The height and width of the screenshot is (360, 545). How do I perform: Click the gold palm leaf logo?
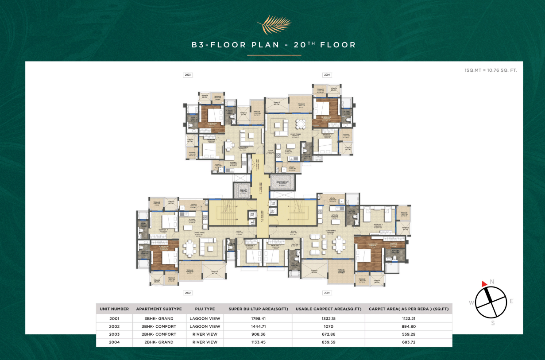(274, 24)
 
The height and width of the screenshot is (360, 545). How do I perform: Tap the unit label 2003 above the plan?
(188, 75)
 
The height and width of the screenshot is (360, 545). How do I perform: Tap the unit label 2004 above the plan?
(327, 75)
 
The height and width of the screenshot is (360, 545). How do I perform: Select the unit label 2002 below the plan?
(188, 293)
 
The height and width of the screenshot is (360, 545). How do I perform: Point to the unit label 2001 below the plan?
(327, 293)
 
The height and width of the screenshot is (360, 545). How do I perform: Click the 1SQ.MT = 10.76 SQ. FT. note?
(491, 70)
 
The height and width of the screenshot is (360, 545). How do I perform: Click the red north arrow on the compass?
(484, 283)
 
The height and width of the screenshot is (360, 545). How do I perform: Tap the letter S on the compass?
(493, 323)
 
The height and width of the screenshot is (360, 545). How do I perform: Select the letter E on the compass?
(511, 301)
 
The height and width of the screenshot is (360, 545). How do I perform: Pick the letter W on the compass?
(472, 303)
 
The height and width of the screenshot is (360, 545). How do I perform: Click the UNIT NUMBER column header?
(114, 309)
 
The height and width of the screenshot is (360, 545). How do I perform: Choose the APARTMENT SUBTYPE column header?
(159, 309)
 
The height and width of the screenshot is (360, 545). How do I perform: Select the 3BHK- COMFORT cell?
(159, 326)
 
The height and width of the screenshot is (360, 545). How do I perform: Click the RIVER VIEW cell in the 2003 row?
(205, 334)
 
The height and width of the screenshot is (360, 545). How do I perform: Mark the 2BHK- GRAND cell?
(159, 342)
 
